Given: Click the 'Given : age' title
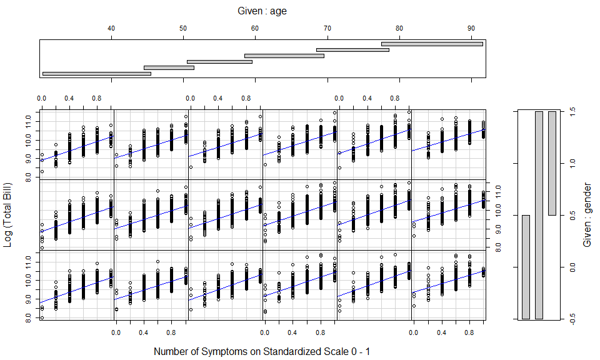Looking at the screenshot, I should pyautogui.click(x=262, y=11).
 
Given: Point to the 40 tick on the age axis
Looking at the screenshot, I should pyautogui.click(x=111, y=28).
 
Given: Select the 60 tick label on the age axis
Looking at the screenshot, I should pyautogui.click(x=254, y=28).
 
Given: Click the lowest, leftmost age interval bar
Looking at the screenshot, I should pyautogui.click(x=96, y=74).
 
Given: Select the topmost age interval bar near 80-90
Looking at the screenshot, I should pyautogui.click(x=432, y=44).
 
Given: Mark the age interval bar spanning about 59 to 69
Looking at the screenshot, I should pyautogui.click(x=284, y=56).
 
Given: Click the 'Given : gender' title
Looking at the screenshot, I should pyautogui.click(x=587, y=215).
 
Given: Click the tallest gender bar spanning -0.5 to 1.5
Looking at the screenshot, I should pyautogui.click(x=539, y=215).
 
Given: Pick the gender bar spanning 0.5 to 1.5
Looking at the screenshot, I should pyautogui.click(x=552, y=163).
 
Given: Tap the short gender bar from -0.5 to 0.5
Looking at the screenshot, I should pyautogui.click(x=526, y=267).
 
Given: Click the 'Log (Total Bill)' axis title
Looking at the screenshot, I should pyautogui.click(x=8, y=215).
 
